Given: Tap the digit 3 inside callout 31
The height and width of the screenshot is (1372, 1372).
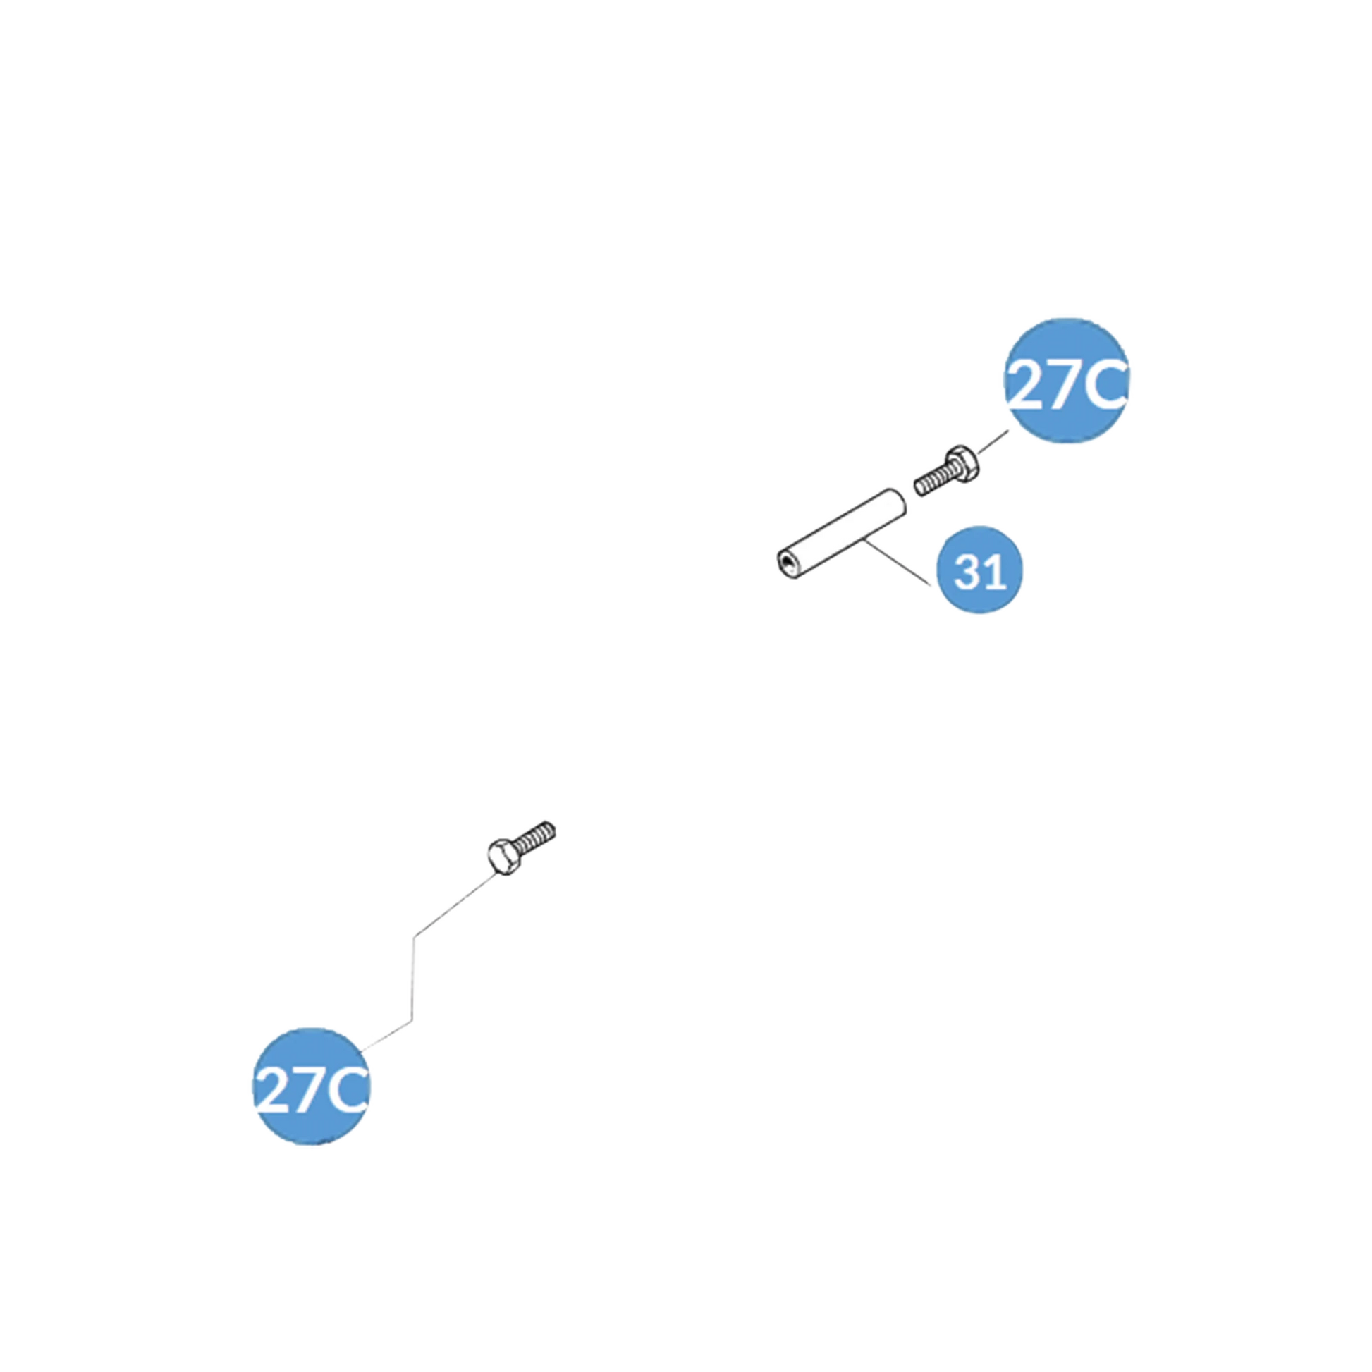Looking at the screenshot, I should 968,572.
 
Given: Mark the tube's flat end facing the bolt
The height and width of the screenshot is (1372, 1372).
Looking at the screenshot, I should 900,498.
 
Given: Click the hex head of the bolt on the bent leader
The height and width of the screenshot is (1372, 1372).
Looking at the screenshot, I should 503,859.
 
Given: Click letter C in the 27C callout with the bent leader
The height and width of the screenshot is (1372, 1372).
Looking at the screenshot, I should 344,1092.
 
